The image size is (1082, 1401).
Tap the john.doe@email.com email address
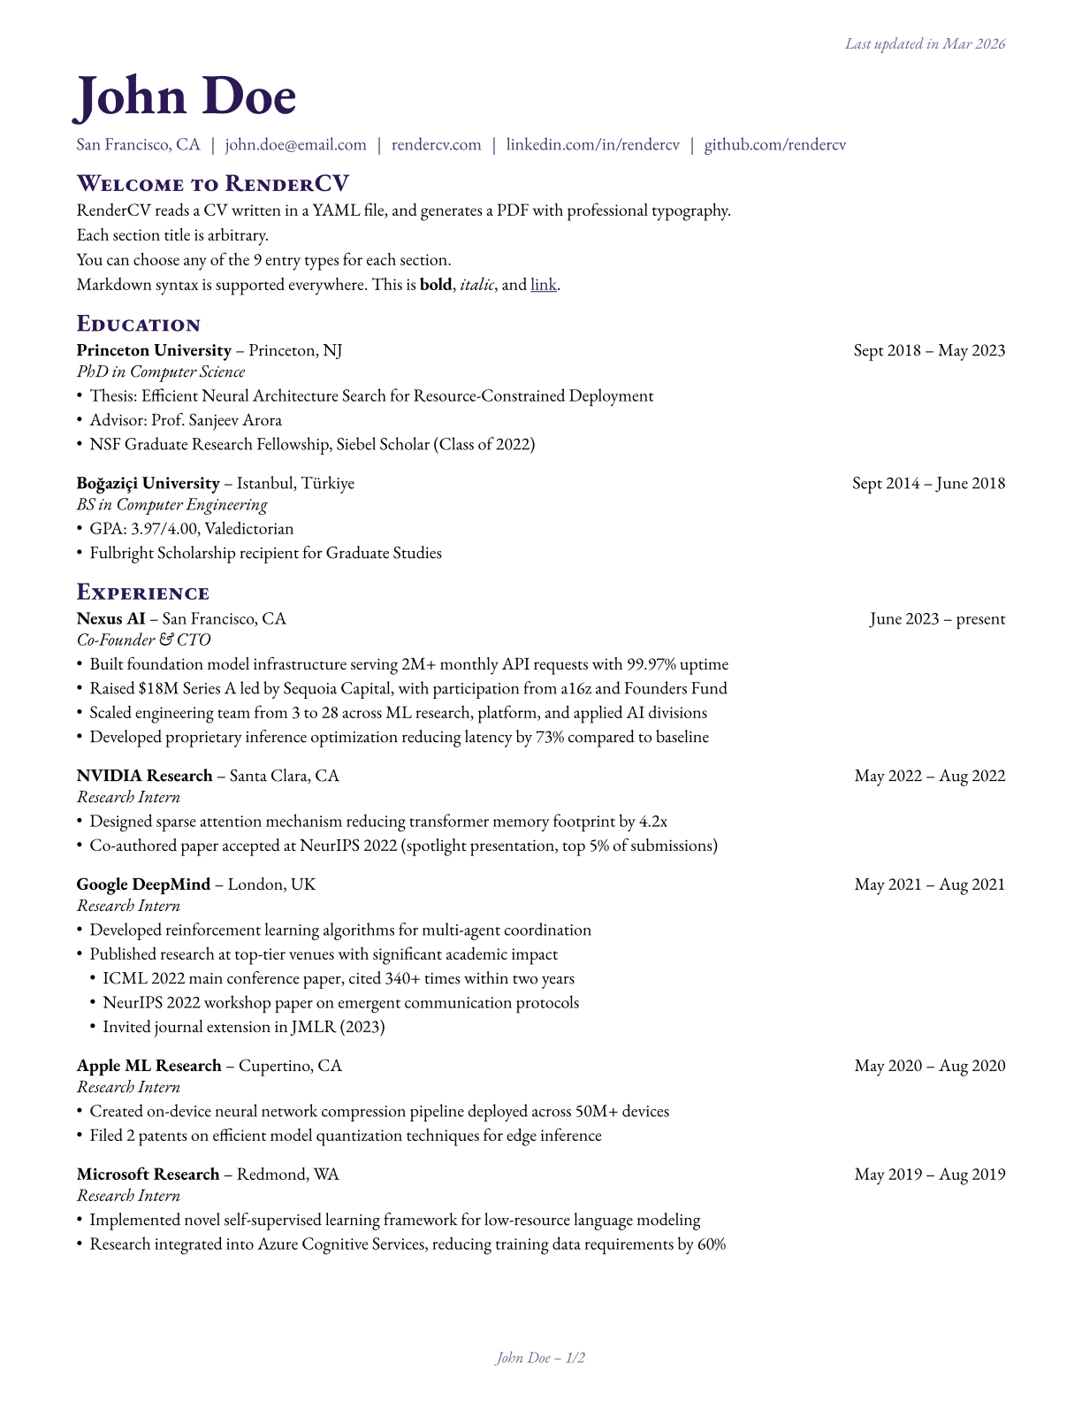tap(295, 145)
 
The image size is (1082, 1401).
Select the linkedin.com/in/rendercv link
tap(592, 145)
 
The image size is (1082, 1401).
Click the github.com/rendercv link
tap(774, 145)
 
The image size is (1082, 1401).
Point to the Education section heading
tap(139, 324)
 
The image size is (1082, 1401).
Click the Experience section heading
tap(143, 593)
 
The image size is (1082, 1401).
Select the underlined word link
tap(544, 285)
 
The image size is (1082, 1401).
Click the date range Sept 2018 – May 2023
tap(929, 350)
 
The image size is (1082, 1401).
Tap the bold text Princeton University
tap(154, 350)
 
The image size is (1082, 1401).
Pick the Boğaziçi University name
tap(148, 483)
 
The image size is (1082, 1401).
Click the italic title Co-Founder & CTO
tap(143, 639)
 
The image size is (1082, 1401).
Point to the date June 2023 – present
tap(937, 618)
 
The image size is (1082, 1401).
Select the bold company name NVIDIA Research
tap(144, 776)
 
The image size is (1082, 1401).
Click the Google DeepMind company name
tap(143, 884)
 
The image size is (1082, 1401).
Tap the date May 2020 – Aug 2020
tap(929, 1066)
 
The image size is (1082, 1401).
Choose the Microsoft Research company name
tap(148, 1175)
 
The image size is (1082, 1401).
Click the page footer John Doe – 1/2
tap(540, 1358)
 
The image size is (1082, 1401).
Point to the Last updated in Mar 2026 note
tap(925, 43)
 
